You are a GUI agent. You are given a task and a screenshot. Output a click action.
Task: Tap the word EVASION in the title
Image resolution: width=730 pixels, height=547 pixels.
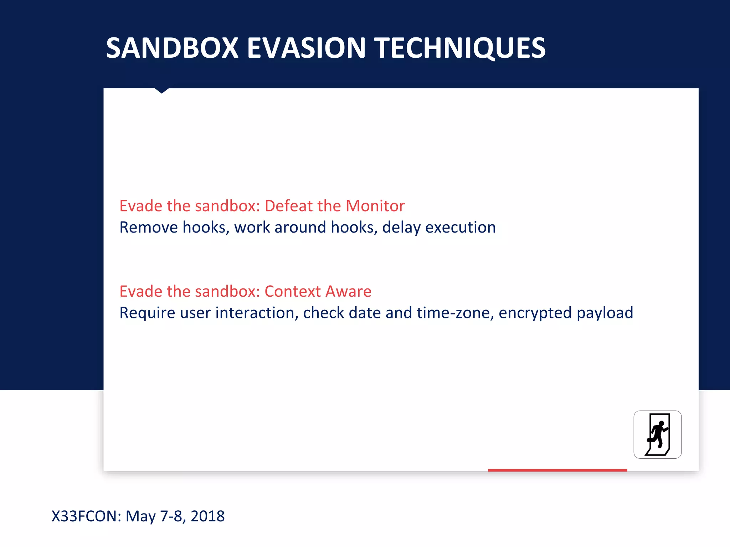306,48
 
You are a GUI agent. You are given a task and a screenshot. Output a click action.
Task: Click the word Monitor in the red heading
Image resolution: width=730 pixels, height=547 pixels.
375,206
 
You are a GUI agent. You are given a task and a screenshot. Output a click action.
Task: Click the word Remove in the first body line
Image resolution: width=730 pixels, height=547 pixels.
148,228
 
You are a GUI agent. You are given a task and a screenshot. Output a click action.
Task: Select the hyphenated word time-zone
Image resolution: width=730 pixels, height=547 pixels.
455,313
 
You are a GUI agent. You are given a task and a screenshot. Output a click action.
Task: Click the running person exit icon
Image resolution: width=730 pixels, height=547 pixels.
657,434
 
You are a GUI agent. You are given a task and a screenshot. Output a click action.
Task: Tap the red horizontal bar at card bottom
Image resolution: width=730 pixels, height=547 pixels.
557,470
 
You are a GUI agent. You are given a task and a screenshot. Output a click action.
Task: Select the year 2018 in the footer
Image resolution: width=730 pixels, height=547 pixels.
207,516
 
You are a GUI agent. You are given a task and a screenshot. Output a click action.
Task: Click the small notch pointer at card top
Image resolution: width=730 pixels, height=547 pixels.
161,91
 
